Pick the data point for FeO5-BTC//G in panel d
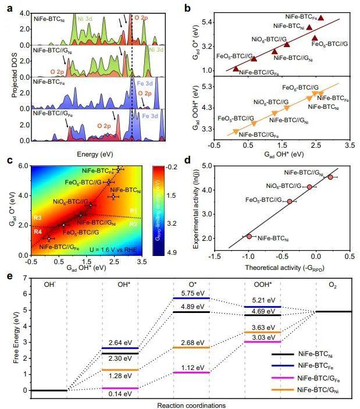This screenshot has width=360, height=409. click(290, 201)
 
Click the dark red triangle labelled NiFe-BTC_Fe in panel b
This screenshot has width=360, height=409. click(320, 18)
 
